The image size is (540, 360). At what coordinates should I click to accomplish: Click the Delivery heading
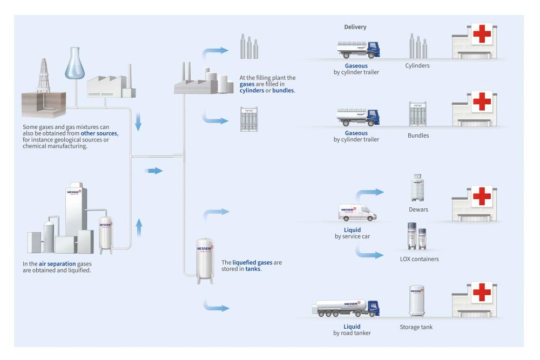pyautogui.click(x=355, y=27)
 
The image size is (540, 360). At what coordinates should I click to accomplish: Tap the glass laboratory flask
pyautogui.click(x=75, y=63)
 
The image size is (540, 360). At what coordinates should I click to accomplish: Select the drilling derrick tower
pyautogui.click(x=44, y=76)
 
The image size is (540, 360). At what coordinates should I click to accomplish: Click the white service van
pyautogui.click(x=357, y=212)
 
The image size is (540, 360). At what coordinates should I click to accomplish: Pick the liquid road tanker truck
pyautogui.click(x=346, y=308)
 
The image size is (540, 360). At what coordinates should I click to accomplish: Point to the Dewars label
pyautogui.click(x=418, y=209)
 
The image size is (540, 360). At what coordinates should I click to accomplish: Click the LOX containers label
pyautogui.click(x=420, y=259)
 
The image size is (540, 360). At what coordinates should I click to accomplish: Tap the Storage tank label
pyautogui.click(x=416, y=327)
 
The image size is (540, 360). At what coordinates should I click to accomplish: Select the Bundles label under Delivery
pyautogui.click(x=418, y=135)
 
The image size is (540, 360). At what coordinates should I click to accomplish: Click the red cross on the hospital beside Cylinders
pyautogui.click(x=482, y=33)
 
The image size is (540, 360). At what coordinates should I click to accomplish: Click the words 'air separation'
pyautogui.click(x=57, y=264)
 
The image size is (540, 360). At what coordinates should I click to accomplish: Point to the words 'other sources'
pyautogui.click(x=99, y=133)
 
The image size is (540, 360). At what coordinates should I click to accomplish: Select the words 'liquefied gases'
pyautogui.click(x=252, y=263)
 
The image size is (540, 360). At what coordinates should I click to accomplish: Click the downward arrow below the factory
pyautogui.click(x=138, y=121)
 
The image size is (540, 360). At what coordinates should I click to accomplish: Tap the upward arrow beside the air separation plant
pyautogui.click(x=139, y=227)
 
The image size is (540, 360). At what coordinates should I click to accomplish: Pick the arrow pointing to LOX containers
pyautogui.click(x=369, y=255)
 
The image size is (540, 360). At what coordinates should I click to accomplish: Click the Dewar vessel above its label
pyautogui.click(x=417, y=188)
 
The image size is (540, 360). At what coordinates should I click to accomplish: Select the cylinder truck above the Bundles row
pyautogui.click(x=358, y=117)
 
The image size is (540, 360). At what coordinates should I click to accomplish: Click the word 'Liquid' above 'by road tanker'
pyautogui.click(x=352, y=327)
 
